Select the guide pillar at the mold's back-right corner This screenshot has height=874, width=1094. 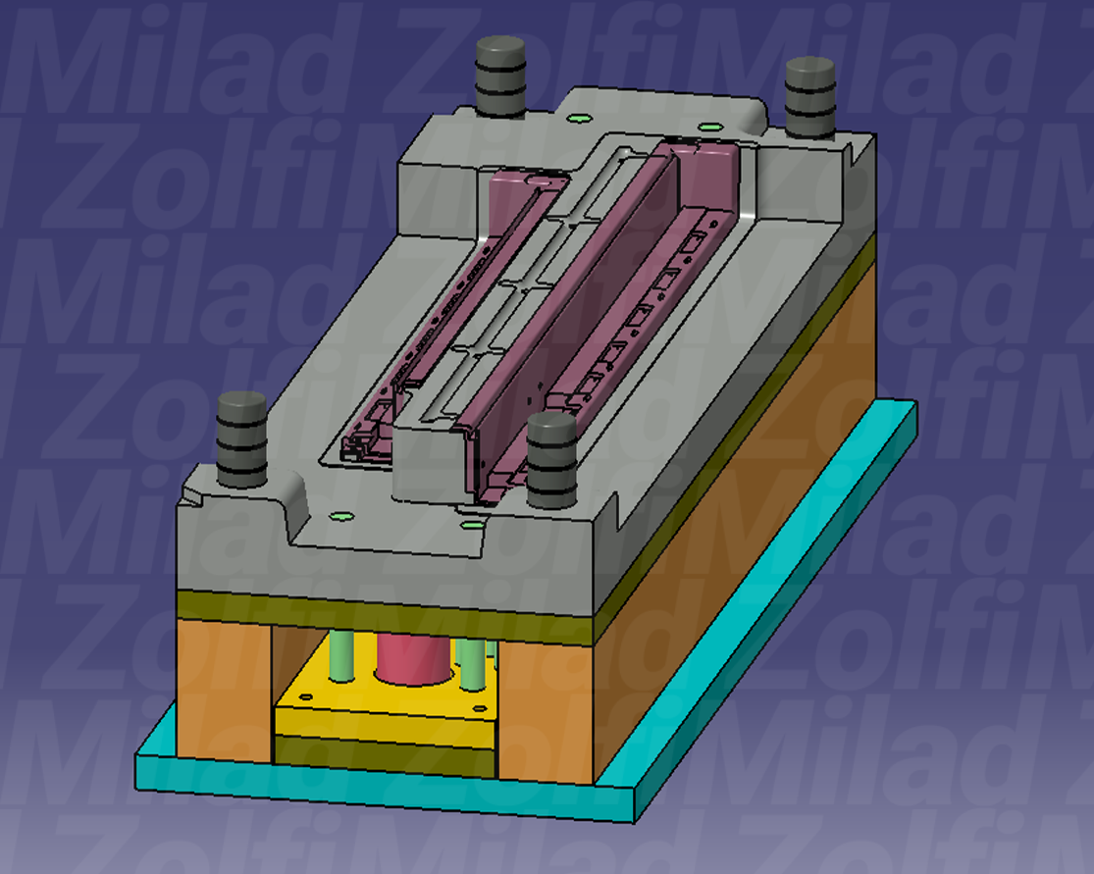pos(810,98)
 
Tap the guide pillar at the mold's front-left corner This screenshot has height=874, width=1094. pos(242,438)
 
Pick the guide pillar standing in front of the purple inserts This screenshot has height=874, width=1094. pos(551,460)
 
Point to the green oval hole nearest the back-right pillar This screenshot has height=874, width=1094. pos(710,127)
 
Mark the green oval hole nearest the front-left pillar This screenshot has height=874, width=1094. pos(341,517)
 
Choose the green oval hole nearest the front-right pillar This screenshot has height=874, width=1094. pos(472,525)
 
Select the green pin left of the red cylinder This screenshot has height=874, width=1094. pos(341,655)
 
